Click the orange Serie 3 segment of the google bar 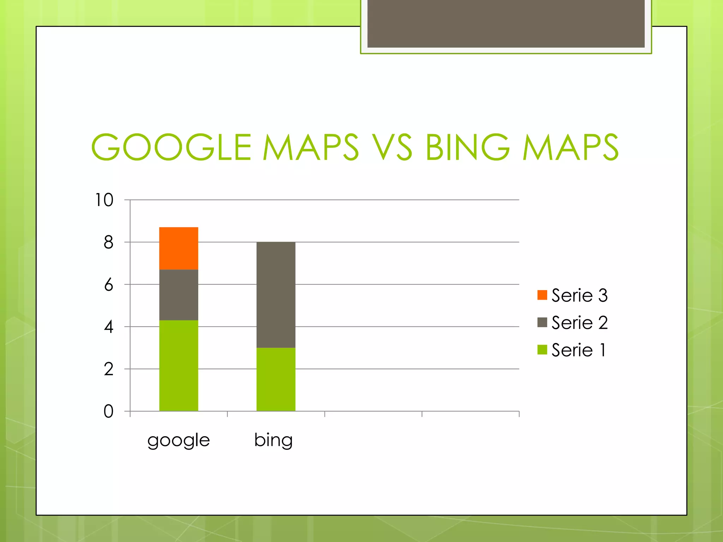click(179, 248)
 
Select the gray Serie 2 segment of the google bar click(179, 295)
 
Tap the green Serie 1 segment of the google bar click(179, 366)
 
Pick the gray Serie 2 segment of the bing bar click(276, 295)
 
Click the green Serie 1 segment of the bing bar click(276, 379)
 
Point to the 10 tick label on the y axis click(104, 200)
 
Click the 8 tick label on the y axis click(108, 242)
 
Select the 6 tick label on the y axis click(108, 285)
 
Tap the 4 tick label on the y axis click(108, 327)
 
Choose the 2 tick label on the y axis click(108, 369)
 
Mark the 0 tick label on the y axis click(108, 411)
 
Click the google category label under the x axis click(179, 440)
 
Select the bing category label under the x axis click(274, 440)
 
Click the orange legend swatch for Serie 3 click(542, 295)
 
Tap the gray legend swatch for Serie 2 click(542, 322)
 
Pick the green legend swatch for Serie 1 click(542, 350)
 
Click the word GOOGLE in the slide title click(171, 147)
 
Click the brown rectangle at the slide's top click(506, 23)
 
